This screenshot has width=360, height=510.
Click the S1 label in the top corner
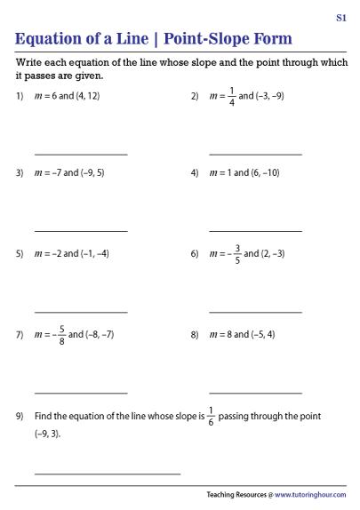coord(341,17)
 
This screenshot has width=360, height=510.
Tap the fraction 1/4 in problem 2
coord(232,95)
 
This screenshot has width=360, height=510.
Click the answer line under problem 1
coord(81,155)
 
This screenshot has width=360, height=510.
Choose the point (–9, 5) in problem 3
coord(92,172)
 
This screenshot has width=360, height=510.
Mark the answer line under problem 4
coord(255,232)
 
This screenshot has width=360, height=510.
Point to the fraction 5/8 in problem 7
coord(61,335)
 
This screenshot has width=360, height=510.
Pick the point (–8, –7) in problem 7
coord(97,335)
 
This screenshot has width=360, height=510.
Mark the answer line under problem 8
coord(255,392)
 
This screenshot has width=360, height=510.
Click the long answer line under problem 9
coord(108,473)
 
